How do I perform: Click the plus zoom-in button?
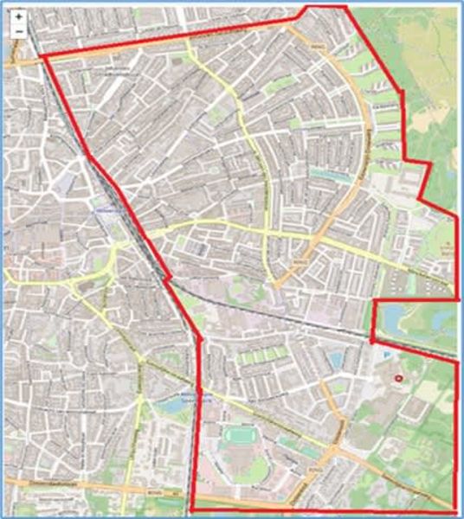tap(18, 16)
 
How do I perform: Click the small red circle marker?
tap(399, 378)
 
